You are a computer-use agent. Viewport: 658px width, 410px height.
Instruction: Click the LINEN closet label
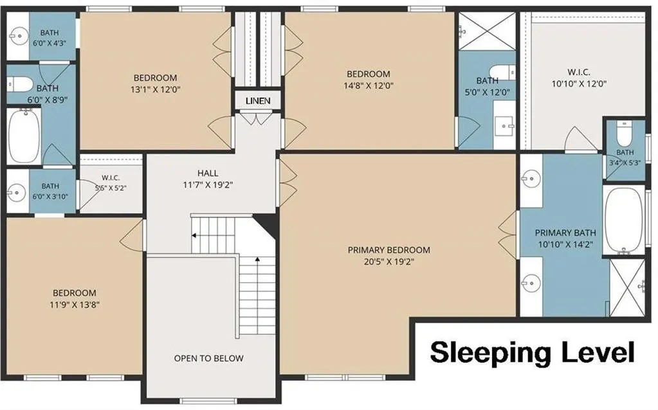[x=258, y=101]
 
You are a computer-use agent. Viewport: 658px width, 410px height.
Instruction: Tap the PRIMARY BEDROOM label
[x=388, y=250]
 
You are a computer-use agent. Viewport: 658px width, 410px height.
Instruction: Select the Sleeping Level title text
[x=532, y=353]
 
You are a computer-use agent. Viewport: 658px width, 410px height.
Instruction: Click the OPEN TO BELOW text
[x=208, y=359]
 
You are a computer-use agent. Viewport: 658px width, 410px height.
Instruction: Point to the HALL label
[x=208, y=173]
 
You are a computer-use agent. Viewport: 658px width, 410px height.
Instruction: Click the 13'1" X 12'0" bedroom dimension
[x=155, y=89]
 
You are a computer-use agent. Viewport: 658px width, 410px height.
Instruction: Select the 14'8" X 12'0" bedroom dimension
[x=368, y=85]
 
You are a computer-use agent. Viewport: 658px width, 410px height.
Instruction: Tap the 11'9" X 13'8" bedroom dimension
[x=74, y=305]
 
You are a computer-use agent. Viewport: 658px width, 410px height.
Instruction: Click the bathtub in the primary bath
[x=624, y=220]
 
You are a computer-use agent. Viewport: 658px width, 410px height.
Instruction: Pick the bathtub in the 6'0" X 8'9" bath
[x=24, y=136]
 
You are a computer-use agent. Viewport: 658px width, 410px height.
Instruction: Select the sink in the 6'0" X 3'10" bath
[x=17, y=192]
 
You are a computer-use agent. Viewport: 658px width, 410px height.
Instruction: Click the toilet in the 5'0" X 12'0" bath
[x=502, y=72]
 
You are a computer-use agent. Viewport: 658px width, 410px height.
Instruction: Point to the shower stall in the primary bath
[x=627, y=288]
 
